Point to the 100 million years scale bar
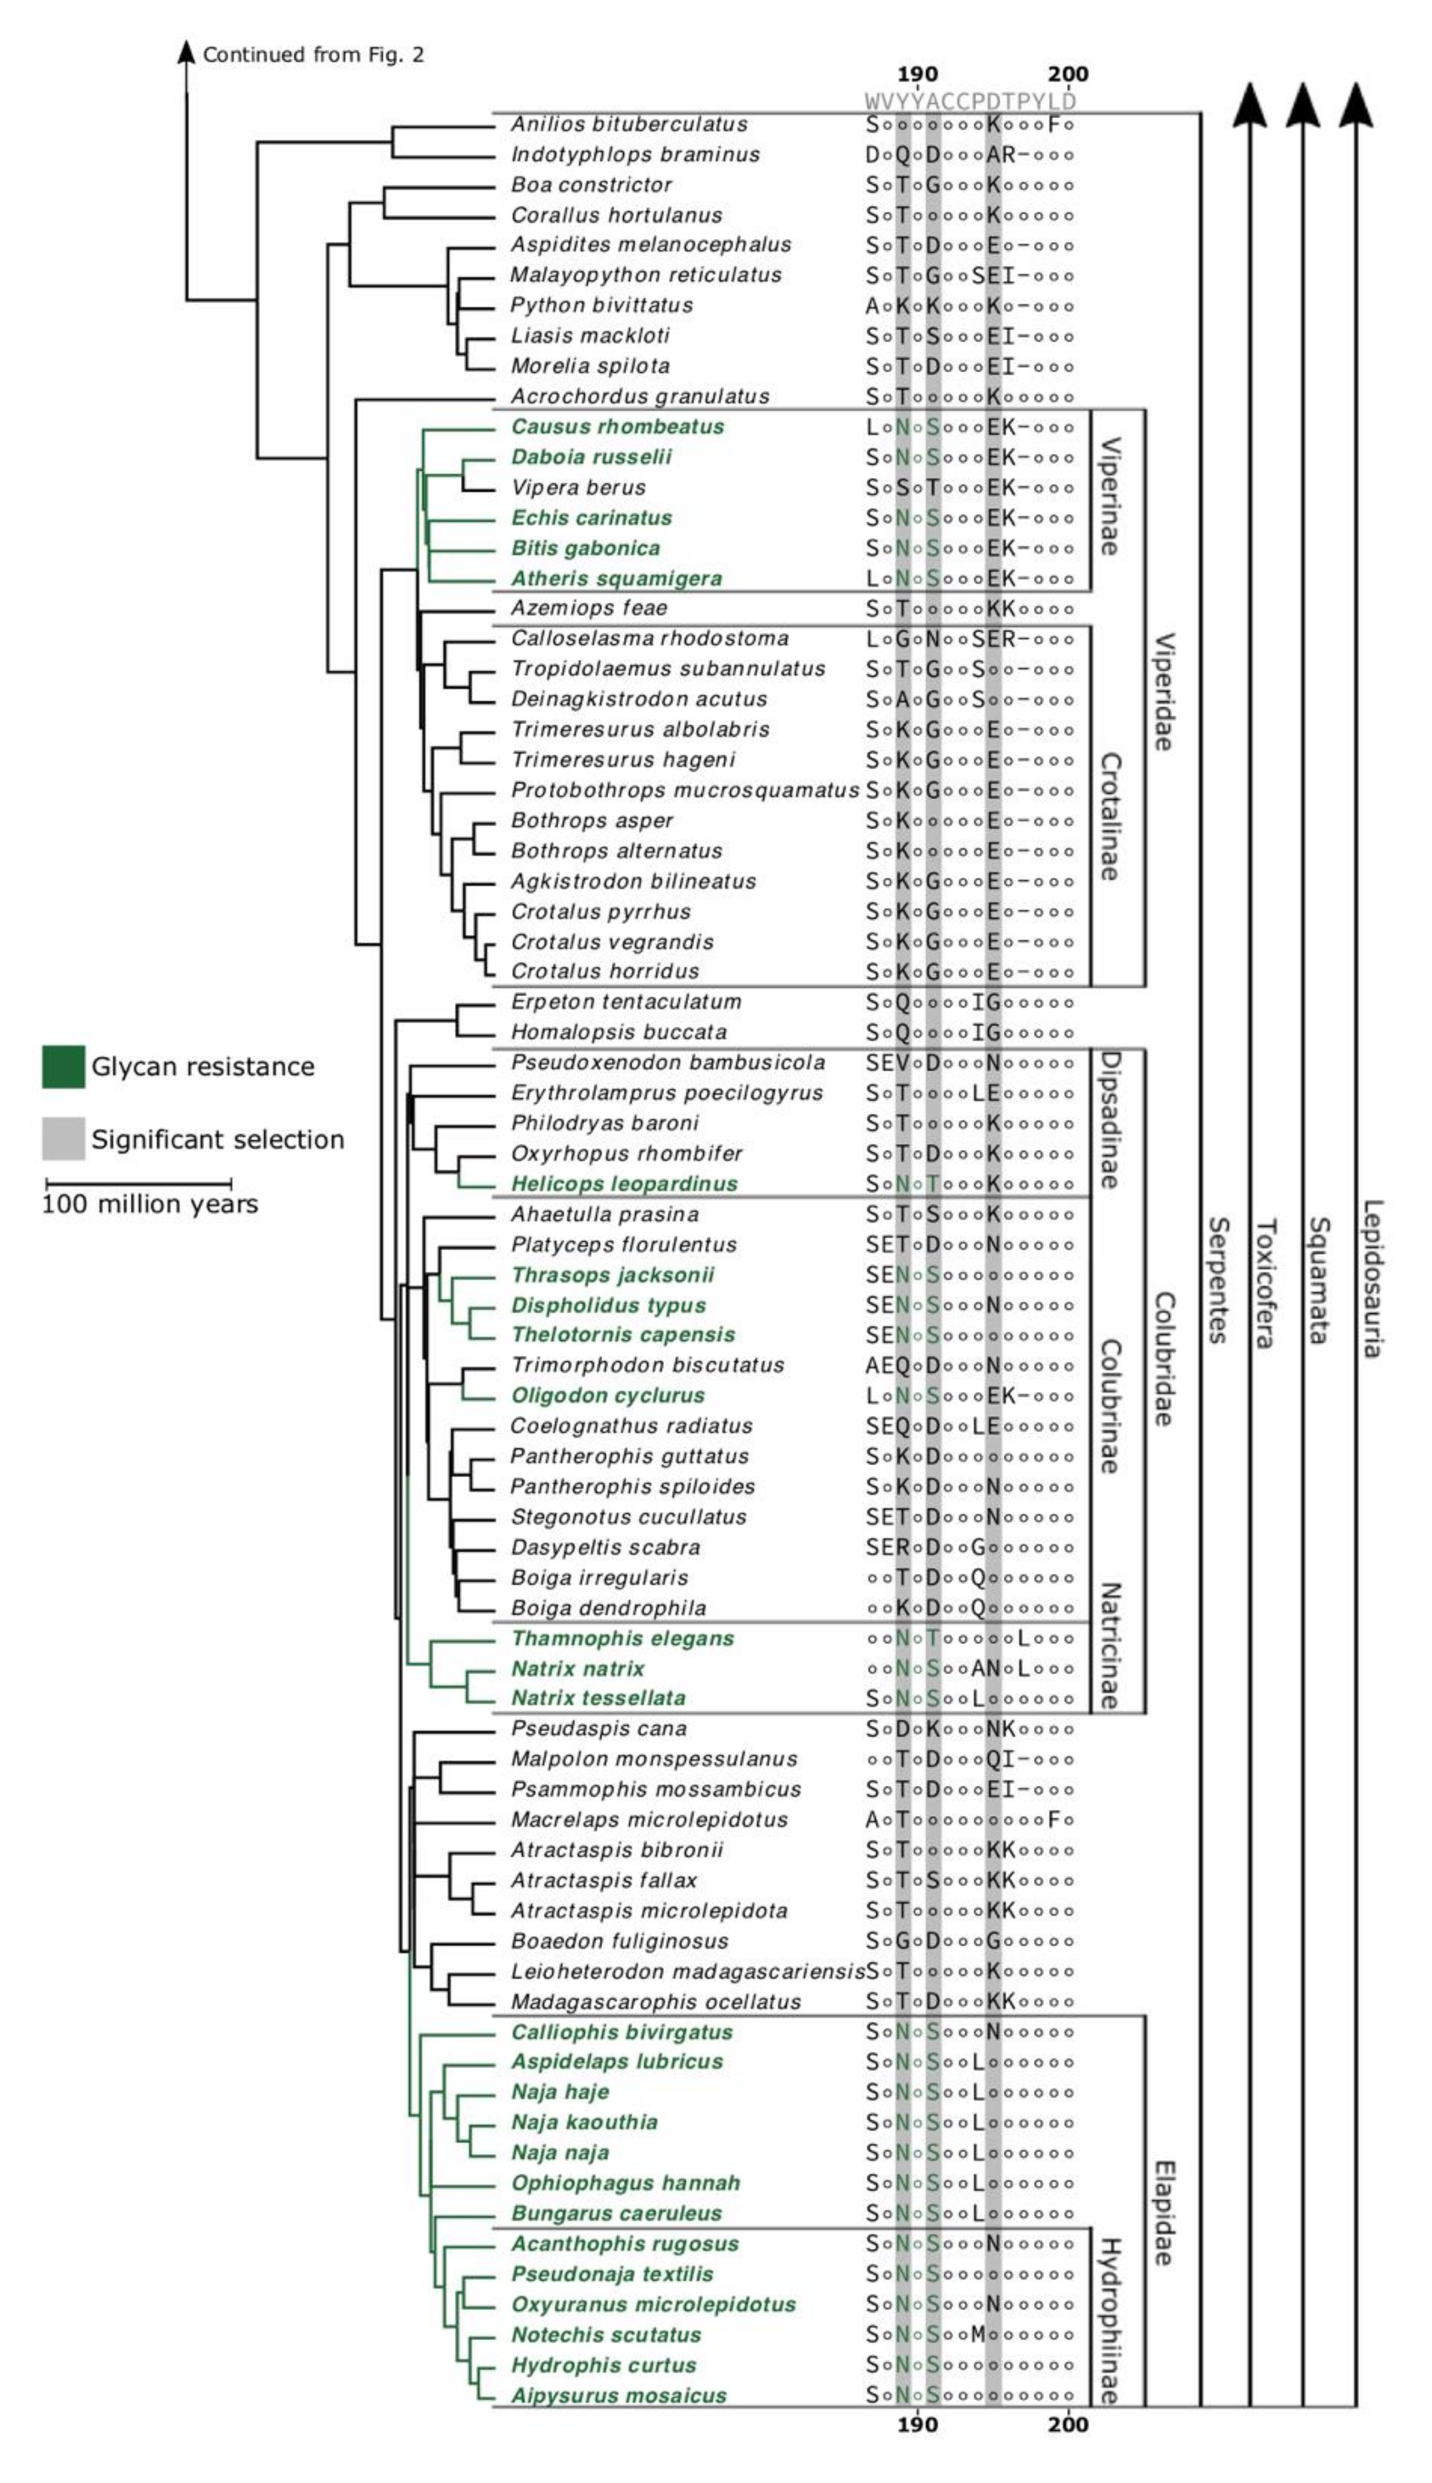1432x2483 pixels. coord(137,1184)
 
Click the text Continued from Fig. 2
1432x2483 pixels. coord(313,54)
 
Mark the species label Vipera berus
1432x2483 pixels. coord(579,488)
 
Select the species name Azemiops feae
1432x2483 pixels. coord(588,609)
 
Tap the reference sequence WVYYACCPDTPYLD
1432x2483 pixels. coord(970,101)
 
